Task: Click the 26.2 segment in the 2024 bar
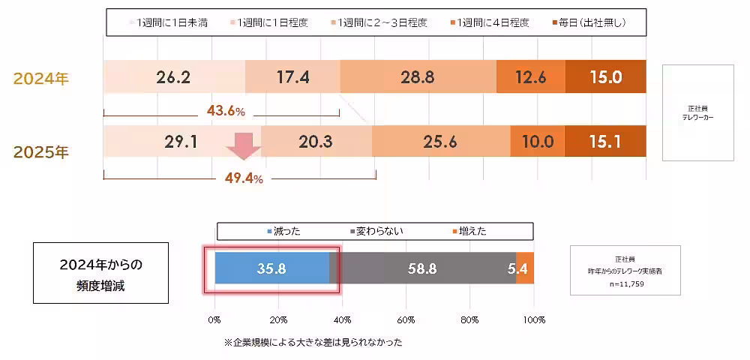click(x=175, y=77)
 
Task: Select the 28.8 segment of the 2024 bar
click(x=418, y=77)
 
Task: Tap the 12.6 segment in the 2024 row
click(x=530, y=77)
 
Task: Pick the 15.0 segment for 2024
click(x=605, y=77)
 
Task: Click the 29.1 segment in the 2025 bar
click(x=180, y=141)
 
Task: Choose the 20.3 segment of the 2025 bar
click(x=316, y=141)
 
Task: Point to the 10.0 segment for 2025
click(x=537, y=141)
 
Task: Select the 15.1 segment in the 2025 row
click(x=605, y=141)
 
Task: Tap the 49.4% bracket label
click(x=244, y=178)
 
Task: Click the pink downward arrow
click(x=244, y=145)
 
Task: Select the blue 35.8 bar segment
click(x=271, y=268)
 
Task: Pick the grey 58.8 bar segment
click(x=422, y=268)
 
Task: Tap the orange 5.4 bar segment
click(x=525, y=268)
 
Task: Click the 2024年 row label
click(x=41, y=78)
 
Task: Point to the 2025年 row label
click(x=41, y=151)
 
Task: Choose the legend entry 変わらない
click(x=377, y=231)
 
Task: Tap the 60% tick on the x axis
click(x=406, y=319)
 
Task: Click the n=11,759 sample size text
click(x=625, y=284)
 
